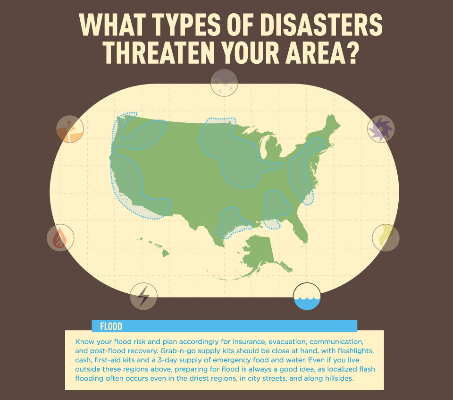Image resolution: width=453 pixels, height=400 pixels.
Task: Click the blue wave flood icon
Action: point(307,296)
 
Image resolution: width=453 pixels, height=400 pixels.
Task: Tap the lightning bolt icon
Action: point(143,296)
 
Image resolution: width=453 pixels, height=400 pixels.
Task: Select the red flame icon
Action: point(60,238)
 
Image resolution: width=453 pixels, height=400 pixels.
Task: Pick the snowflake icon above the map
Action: point(224,83)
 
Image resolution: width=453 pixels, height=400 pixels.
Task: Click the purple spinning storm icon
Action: point(381,128)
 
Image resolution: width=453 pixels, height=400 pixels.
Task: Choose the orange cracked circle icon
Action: point(70,129)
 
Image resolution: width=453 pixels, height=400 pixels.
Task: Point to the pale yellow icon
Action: point(386,238)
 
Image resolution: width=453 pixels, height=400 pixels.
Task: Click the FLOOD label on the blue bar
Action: point(111,326)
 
